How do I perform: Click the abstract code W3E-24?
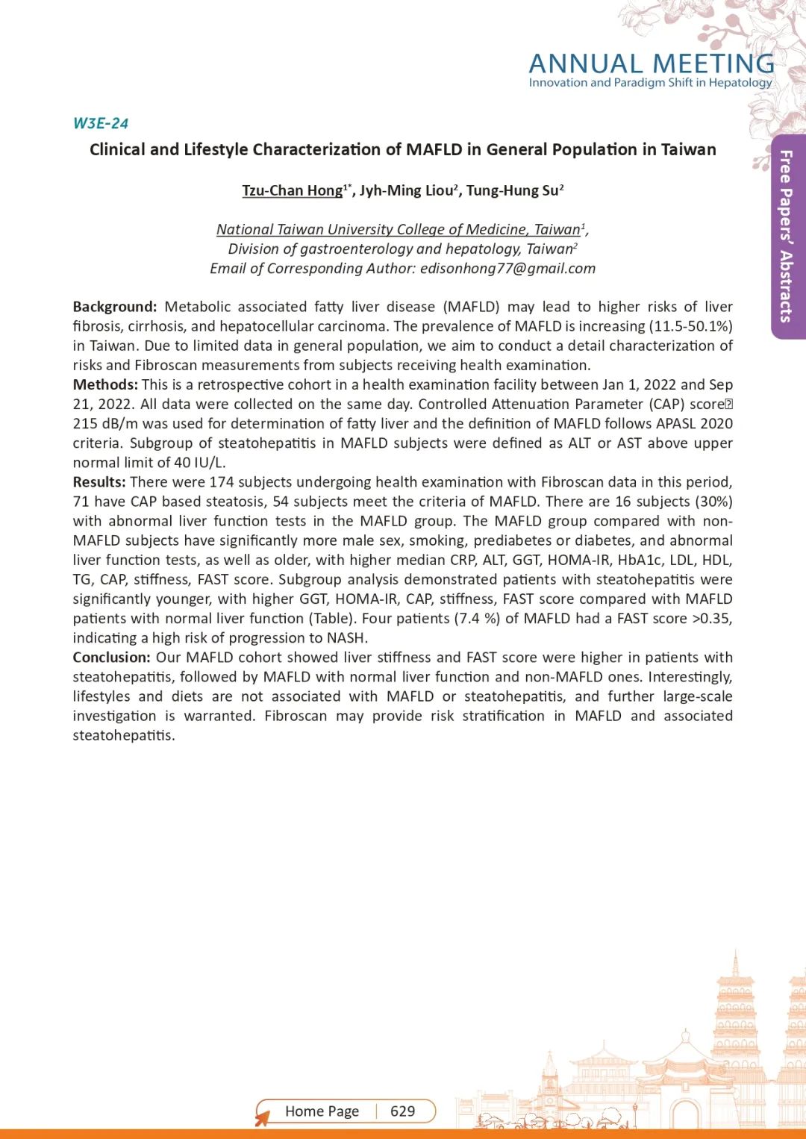click(101, 124)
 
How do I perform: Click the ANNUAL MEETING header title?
click(651, 64)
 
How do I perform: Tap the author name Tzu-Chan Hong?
click(292, 190)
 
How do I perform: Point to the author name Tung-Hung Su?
click(512, 190)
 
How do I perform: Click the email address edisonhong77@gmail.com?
click(507, 269)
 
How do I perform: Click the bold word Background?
click(115, 307)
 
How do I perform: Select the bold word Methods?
click(105, 384)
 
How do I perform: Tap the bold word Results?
click(99, 482)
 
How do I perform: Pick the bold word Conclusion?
click(112, 658)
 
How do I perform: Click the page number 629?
click(403, 1111)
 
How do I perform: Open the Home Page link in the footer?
click(322, 1111)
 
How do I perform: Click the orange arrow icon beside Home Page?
click(262, 1117)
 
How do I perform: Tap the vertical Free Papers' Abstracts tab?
click(786, 236)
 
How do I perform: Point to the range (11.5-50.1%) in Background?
click(690, 326)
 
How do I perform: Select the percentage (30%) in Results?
click(713, 502)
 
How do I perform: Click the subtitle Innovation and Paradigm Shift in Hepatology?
click(650, 83)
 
